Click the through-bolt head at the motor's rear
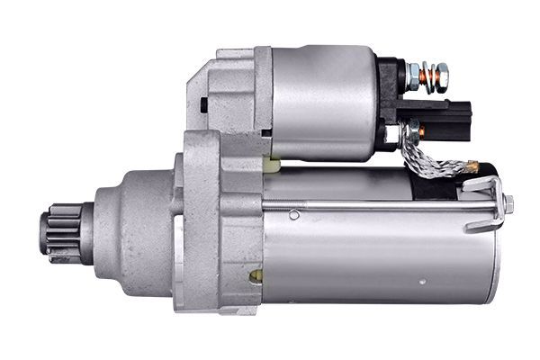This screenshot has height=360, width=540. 508,204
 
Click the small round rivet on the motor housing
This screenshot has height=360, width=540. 294,214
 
